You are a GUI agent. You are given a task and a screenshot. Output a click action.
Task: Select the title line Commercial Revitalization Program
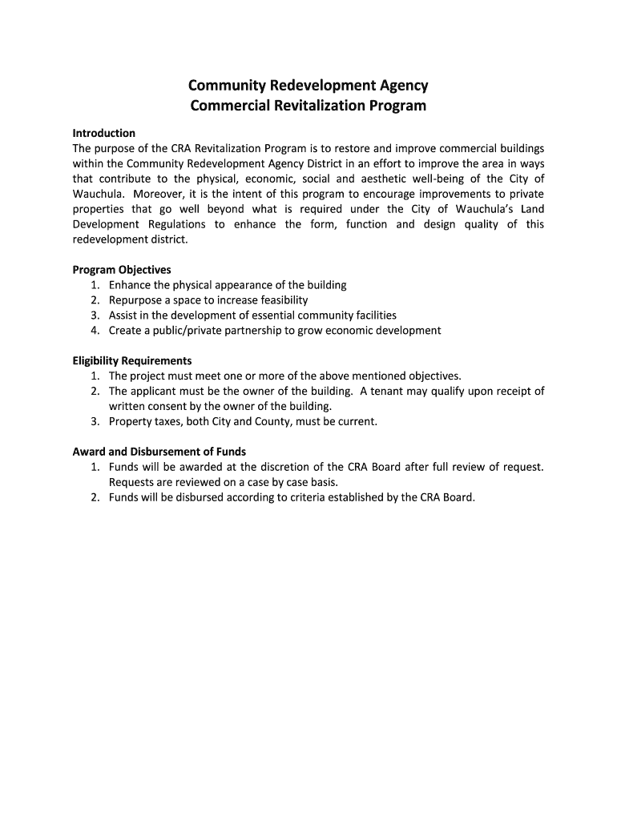pos(308,106)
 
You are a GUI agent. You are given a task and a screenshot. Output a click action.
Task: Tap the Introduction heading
pos(104,133)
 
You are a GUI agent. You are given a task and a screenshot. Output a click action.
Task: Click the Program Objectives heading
pos(122,270)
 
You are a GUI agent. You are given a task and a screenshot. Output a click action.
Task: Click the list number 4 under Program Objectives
pos(95,331)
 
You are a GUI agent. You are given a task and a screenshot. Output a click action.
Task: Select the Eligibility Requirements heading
pos(132,361)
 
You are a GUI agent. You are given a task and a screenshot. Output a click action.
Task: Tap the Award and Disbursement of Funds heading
pos(159,452)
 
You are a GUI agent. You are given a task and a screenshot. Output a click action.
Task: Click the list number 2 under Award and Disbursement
pos(95,497)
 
